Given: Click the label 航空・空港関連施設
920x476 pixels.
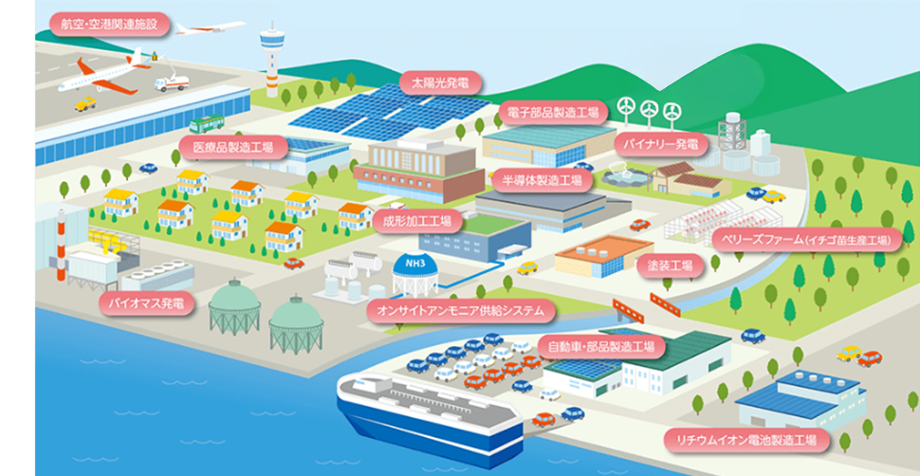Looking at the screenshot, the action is [110, 26].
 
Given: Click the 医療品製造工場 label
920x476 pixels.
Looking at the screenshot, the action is [233, 147].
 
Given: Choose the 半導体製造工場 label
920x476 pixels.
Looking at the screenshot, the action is [542, 179].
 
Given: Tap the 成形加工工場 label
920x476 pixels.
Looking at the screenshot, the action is [417, 222].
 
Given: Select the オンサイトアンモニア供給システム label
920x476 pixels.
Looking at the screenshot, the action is [460, 311].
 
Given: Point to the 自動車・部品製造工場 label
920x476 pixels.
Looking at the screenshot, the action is [601, 347].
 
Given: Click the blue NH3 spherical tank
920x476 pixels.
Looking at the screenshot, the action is [414, 273].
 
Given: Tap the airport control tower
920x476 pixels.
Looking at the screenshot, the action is [272, 59].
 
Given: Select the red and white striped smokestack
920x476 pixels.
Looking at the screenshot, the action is [61, 244].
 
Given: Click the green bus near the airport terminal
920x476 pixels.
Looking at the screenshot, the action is [207, 124].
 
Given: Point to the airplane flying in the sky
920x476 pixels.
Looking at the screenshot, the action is [210, 27].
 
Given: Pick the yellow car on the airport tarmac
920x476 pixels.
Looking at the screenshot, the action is [85, 104].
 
